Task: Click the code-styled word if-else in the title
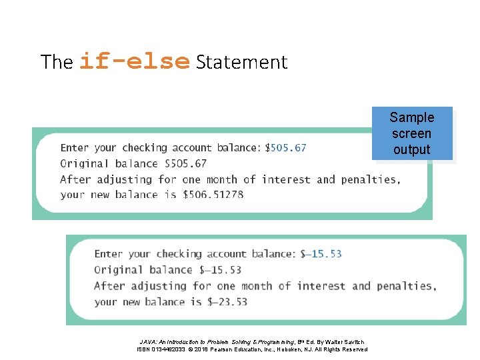[134, 62]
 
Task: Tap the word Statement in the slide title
[241, 63]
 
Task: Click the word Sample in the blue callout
[411, 118]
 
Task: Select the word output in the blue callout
[411, 149]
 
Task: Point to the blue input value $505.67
[286, 147]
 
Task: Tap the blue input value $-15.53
[321, 253]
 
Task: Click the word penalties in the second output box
[405, 285]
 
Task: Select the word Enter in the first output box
[75, 147]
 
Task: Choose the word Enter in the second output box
[109, 253]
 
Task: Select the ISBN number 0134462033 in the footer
[168, 349]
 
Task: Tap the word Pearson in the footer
[229, 349]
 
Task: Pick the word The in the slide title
[56, 63]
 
